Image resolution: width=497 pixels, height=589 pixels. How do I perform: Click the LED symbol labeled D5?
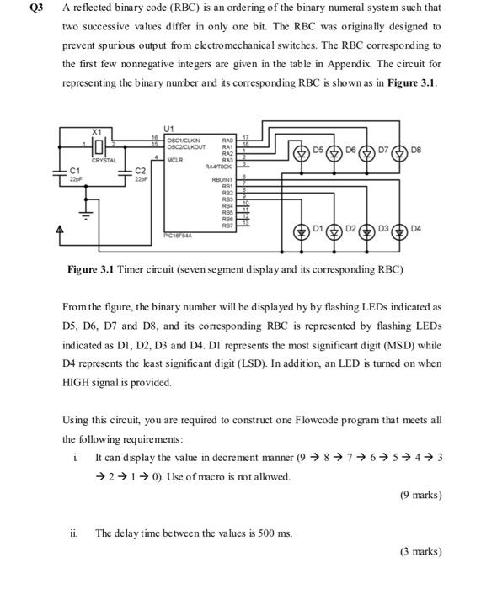pyautogui.click(x=302, y=152)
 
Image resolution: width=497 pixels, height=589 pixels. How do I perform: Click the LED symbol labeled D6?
pyautogui.click(x=335, y=152)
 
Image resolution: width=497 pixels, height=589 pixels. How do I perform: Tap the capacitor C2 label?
pyautogui.click(x=140, y=171)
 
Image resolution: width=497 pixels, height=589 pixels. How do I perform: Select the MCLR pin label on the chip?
pyautogui.click(x=175, y=157)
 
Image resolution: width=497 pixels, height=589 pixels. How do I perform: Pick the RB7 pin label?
pyautogui.click(x=227, y=226)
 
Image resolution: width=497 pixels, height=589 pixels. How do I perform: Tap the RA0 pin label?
pyautogui.click(x=227, y=139)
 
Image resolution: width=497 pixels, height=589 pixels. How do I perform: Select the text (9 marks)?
pyautogui.click(x=420, y=495)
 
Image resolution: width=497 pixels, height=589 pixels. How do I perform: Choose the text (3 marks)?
pyautogui.click(x=420, y=552)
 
